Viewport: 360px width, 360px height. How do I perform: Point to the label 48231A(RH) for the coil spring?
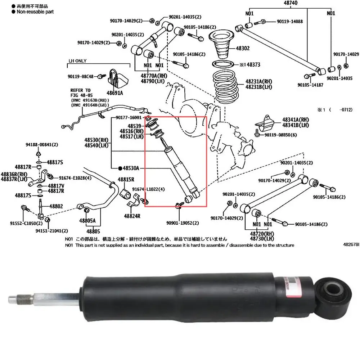(x=259, y=82)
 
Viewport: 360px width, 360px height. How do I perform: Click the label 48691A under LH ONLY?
(x=115, y=93)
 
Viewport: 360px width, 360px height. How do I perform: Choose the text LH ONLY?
(x=78, y=61)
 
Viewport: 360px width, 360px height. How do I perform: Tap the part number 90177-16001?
(x=129, y=118)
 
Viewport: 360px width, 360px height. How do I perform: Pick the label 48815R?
(x=126, y=179)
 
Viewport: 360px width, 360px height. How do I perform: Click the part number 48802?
(x=56, y=206)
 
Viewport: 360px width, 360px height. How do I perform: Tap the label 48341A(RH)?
(x=295, y=120)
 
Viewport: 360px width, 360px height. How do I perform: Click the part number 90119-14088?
(x=290, y=22)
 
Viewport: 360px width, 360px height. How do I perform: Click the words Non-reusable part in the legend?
(x=33, y=12)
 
